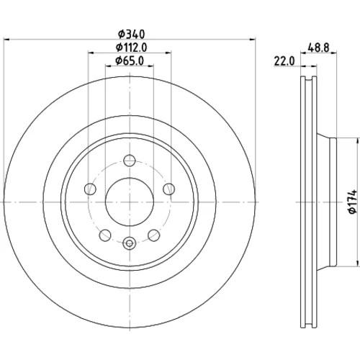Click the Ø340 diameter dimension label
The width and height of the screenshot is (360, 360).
click(132, 35)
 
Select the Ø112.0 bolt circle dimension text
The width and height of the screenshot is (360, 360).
click(131, 48)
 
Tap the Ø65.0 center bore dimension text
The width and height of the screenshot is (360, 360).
click(130, 61)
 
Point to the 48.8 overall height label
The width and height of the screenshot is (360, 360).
click(318, 48)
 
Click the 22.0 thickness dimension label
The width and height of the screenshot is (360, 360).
click(284, 61)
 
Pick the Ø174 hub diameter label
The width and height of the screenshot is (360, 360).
click(354, 202)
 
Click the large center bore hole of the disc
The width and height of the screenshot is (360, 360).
click(130, 202)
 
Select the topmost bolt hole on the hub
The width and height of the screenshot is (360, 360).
click(130, 161)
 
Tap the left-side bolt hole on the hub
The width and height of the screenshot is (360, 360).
click(90, 189)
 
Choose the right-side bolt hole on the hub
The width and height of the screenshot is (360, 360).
click(168, 189)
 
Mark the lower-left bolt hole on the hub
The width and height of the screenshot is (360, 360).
click(105, 235)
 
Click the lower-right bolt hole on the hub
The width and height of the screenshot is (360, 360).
click(153, 235)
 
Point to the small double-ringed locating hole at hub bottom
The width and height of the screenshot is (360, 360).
click(130, 243)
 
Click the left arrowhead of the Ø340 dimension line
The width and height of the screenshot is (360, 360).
click(7, 39)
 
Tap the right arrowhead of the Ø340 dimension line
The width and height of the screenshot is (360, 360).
click(252, 39)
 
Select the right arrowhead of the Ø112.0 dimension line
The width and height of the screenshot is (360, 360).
click(168, 52)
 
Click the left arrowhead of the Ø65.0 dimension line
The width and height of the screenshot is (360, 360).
click(109, 66)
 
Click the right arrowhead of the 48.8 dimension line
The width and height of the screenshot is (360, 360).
click(333, 52)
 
